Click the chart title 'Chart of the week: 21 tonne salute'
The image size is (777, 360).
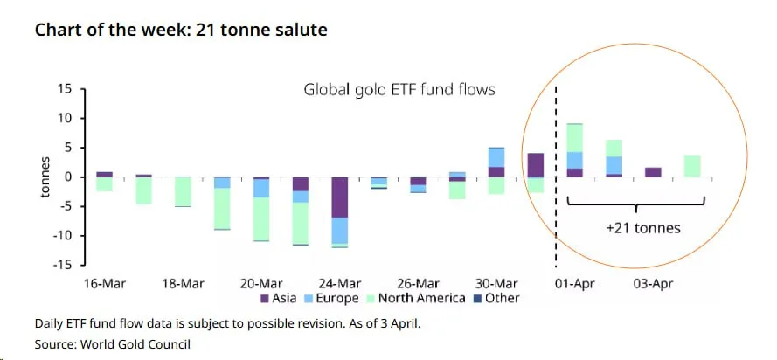click(181, 31)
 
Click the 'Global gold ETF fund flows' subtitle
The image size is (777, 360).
click(399, 89)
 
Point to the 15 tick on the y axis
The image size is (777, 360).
click(66, 89)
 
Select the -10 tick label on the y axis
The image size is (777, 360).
click(63, 236)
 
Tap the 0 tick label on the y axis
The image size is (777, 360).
click(68, 177)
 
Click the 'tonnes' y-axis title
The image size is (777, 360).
click(45, 177)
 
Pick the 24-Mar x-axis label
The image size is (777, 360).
click(339, 284)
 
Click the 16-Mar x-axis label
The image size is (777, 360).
click(104, 284)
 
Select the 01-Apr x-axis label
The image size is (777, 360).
click(574, 284)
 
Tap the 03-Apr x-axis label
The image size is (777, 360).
click(652, 284)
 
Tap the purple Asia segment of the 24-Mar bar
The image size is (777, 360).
click(339, 197)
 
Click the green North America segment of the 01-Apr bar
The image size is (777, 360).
click(574, 137)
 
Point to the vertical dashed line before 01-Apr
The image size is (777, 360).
click(557, 210)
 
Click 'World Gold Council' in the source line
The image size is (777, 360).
click(135, 344)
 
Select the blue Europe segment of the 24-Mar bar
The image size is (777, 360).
click(339, 230)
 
